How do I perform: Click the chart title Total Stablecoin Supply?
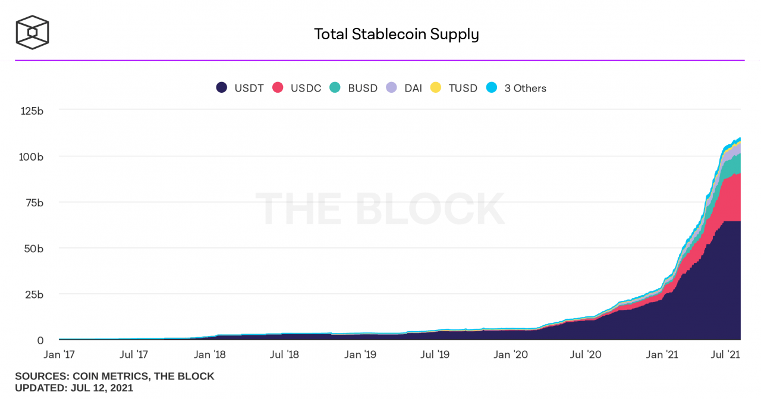[396, 34]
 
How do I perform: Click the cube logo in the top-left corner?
[32, 32]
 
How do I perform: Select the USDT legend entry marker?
[222, 88]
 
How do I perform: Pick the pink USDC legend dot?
[278, 88]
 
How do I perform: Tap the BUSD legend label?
[363, 88]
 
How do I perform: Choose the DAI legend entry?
[413, 88]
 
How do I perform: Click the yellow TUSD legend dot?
[436, 88]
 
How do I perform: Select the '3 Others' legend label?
[525, 88]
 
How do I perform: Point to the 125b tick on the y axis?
[32, 110]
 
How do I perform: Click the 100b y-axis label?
[32, 156]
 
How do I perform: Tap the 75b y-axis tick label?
[34, 202]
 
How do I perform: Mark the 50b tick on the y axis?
[34, 248]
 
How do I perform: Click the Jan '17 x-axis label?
[59, 354]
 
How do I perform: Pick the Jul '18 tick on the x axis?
[284, 354]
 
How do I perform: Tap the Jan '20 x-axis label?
[511, 354]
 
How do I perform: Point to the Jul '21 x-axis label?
[725, 354]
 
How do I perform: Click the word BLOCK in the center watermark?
[430, 209]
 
